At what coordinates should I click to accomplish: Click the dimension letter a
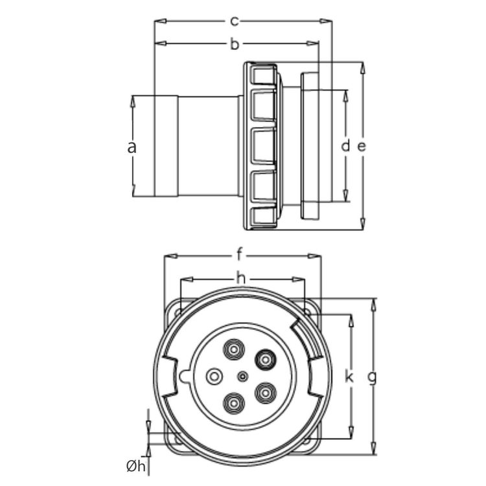click(132, 147)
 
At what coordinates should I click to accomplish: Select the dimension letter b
click(235, 44)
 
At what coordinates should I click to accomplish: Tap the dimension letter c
click(234, 21)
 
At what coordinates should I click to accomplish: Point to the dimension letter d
click(345, 146)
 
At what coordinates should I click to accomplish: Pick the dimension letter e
click(362, 146)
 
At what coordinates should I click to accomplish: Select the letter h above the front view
click(241, 279)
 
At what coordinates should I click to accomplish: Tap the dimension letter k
click(350, 376)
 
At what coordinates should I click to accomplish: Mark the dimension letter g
click(373, 376)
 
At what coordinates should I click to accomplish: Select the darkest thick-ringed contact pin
click(266, 358)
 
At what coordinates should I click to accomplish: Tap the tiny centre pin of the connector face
click(242, 376)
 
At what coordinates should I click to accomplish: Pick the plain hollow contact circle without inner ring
click(213, 376)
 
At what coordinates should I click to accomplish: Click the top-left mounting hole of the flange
click(176, 312)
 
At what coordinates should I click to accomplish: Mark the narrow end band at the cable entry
click(166, 146)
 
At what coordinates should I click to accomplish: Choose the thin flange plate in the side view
click(310, 146)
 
